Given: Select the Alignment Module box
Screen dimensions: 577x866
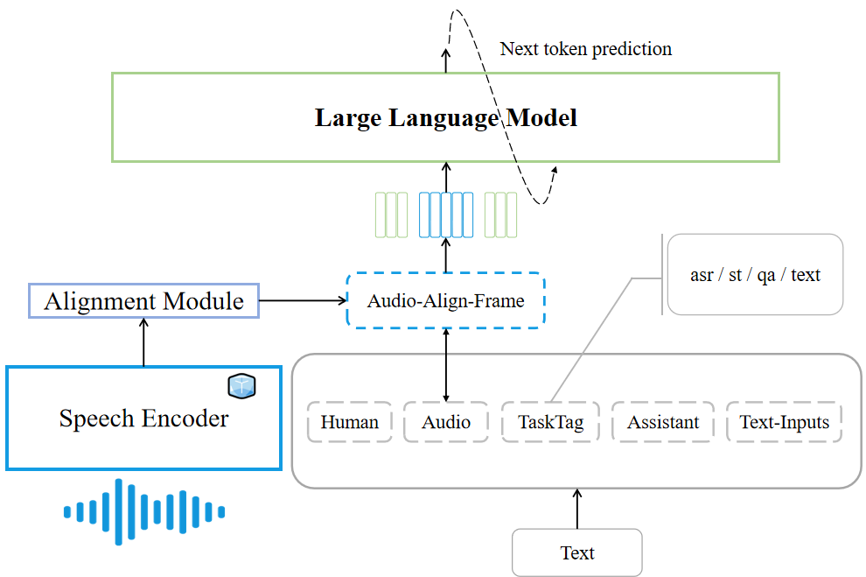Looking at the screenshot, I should (144, 301).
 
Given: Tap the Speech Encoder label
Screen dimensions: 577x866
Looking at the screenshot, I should (143, 419).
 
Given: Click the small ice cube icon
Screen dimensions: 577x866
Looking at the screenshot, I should (241, 386).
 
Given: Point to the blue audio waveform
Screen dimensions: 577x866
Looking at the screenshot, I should (144, 510).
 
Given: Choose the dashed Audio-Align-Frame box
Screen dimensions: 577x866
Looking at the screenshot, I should (446, 301).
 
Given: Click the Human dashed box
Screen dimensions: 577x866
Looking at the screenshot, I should (350, 422).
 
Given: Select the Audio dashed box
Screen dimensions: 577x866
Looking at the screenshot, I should (446, 422).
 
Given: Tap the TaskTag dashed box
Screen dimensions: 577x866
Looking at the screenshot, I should (550, 422).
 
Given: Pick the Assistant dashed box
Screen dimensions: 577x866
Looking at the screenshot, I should (663, 422).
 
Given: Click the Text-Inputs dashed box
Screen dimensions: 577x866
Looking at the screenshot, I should (784, 422).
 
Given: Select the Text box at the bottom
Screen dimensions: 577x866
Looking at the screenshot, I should (577, 552).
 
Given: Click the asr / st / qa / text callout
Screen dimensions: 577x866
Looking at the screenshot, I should (755, 275).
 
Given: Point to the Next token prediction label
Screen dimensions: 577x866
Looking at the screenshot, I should (586, 49).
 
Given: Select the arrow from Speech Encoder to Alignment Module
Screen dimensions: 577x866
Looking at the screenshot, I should (144, 341).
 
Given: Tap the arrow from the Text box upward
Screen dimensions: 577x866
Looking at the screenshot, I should (577, 508).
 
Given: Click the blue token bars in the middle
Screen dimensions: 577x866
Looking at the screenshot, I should (446, 215).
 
